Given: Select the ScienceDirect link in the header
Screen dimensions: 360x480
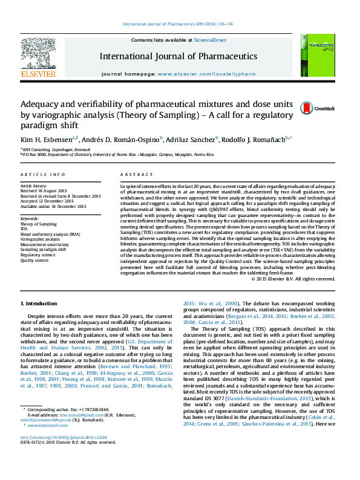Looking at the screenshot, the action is click(x=210, y=40).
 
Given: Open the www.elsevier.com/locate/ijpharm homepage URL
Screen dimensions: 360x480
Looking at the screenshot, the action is click(x=206, y=73).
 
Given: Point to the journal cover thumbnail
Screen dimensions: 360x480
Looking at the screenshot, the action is click(x=313, y=56).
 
